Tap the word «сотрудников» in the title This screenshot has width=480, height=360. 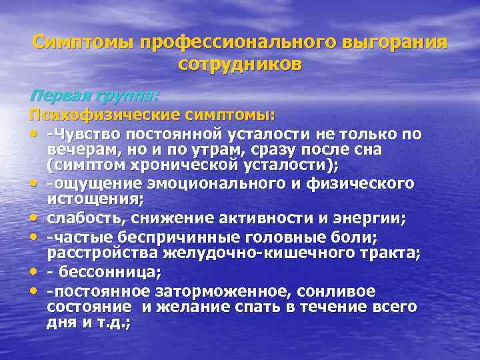240,65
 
